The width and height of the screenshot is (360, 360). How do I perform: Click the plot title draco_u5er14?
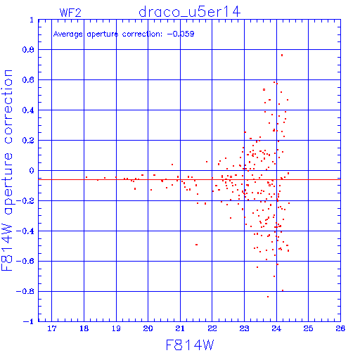190,12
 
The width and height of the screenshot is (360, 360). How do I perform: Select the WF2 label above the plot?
70,13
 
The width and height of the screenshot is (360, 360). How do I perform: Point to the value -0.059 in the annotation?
181,34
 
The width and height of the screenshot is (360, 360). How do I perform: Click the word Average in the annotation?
68,34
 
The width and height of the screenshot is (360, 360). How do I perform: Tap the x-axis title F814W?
190,345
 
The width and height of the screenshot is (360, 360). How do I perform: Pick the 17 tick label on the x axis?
52,328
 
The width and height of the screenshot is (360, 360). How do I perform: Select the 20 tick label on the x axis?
148,328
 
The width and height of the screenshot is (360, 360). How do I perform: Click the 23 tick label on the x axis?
244,328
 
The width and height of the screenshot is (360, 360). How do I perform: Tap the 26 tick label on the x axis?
340,328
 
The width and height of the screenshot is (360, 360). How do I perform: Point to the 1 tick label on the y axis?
32,20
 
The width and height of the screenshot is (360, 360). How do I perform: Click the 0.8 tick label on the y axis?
28,50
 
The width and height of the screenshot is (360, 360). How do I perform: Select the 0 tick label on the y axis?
32,171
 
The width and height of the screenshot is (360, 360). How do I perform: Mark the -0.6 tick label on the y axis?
25,262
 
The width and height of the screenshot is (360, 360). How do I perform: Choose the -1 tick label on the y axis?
29,321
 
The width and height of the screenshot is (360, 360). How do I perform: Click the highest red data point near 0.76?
282,56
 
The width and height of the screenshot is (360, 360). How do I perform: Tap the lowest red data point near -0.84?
268,297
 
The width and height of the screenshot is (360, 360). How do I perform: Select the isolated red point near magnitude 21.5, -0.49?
196,245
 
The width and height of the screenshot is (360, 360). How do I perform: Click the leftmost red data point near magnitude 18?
86,177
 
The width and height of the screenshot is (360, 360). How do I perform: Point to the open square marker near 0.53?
264,89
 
